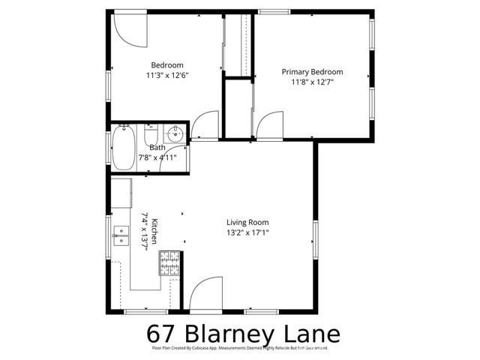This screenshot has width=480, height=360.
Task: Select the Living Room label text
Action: click(x=247, y=222)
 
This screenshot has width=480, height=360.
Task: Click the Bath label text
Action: click(x=157, y=148)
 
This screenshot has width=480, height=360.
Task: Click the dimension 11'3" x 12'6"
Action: click(x=167, y=75)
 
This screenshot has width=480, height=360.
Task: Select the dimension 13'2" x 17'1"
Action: click(x=247, y=232)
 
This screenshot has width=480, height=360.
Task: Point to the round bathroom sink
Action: click(x=175, y=135)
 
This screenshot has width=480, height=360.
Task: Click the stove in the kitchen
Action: click(x=169, y=262)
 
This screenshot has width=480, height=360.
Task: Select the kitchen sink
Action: click(x=120, y=236)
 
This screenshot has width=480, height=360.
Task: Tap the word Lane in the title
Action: click(x=313, y=332)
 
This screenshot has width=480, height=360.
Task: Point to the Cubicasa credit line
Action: click(x=240, y=349)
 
